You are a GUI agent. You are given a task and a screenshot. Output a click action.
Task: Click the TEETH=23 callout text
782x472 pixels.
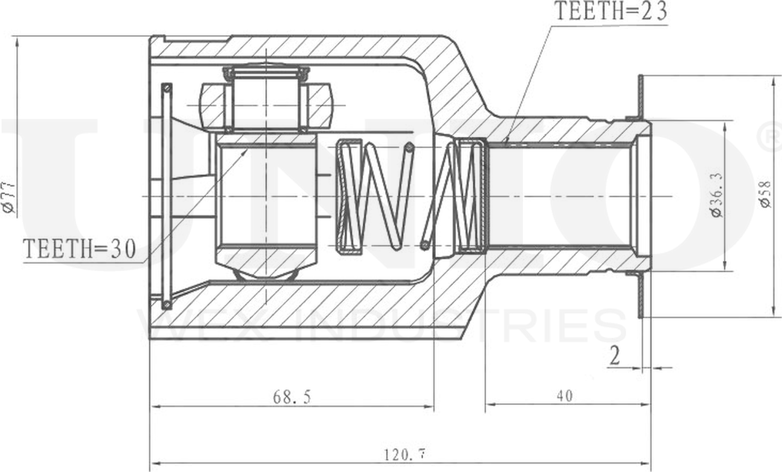pyautogui.click(x=610, y=12)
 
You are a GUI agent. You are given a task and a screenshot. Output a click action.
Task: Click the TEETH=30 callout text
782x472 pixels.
pyautogui.click(x=79, y=249)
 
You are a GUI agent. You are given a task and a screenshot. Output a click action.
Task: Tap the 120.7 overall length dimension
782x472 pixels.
pyautogui.click(x=403, y=454)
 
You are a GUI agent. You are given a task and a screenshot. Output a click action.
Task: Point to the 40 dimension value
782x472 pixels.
pyautogui.click(x=564, y=396)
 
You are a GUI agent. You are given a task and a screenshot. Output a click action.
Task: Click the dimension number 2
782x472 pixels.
pyautogui.click(x=614, y=356)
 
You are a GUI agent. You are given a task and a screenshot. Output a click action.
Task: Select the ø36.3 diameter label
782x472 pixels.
pyautogui.click(x=716, y=194)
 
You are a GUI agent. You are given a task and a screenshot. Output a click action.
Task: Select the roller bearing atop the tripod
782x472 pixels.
pyautogui.click(x=265, y=99)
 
